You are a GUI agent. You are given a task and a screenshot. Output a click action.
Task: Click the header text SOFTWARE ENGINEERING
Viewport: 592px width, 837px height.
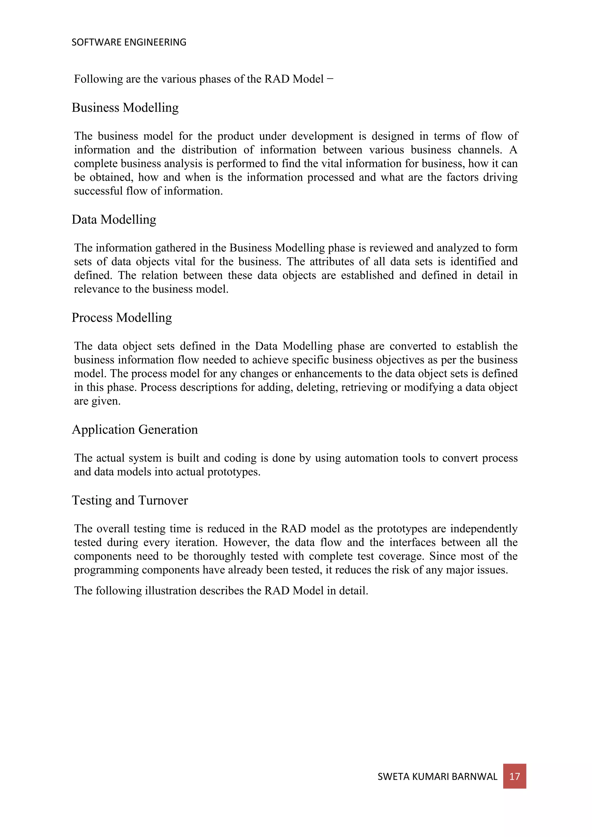point(129,42)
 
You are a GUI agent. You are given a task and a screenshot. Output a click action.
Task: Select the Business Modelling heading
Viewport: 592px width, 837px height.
point(125,108)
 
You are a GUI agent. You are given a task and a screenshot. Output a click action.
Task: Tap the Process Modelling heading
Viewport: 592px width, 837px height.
point(121,318)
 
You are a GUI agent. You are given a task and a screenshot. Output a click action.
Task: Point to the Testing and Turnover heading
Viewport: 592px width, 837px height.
point(130,500)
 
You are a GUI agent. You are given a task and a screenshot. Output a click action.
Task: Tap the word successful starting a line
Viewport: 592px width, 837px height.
point(98,191)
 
